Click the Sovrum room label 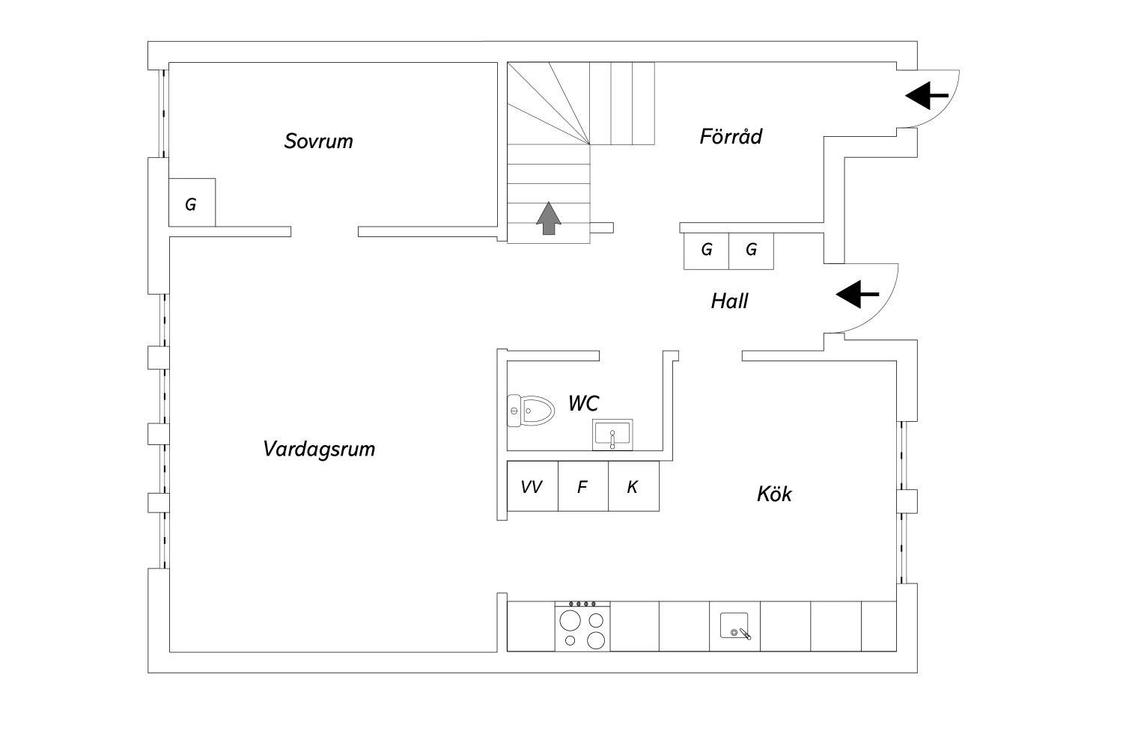pyautogui.click(x=319, y=141)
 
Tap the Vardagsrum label pyautogui.click(x=319, y=450)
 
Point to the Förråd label pyautogui.click(x=731, y=136)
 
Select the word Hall pyautogui.click(x=729, y=301)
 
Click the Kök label pyautogui.click(x=774, y=494)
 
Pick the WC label pyautogui.click(x=583, y=403)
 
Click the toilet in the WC pyautogui.click(x=530, y=411)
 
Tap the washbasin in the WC pyautogui.click(x=612, y=435)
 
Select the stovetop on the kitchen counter pyautogui.click(x=582, y=626)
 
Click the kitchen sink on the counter pyautogui.click(x=735, y=626)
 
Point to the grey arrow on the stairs pyautogui.click(x=549, y=218)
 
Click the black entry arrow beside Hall pyautogui.click(x=857, y=294)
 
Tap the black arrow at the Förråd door pyautogui.click(x=927, y=95)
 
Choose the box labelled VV pyautogui.click(x=532, y=486)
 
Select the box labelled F pyautogui.click(x=583, y=486)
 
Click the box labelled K pyautogui.click(x=633, y=486)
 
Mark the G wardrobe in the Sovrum pyautogui.click(x=192, y=203)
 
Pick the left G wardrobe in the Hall pyautogui.click(x=707, y=251)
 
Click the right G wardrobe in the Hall pyautogui.click(x=751, y=251)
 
